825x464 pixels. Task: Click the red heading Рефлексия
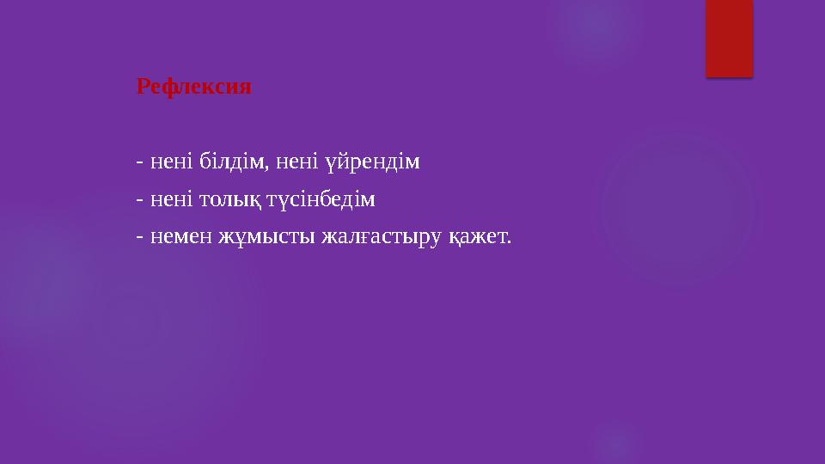tap(193, 87)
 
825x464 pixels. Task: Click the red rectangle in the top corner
tap(729, 38)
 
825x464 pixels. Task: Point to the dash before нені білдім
tap(139, 162)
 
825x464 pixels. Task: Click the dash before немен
tap(139, 235)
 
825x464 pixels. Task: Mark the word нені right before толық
tap(168, 200)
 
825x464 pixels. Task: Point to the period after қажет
tap(508, 241)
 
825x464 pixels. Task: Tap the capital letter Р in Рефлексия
tap(144, 87)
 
